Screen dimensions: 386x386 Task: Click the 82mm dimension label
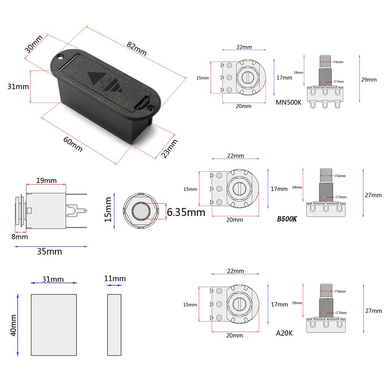pos(136,49)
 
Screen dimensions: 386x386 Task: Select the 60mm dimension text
pos(73,144)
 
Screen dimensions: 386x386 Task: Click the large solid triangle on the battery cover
pos(95,78)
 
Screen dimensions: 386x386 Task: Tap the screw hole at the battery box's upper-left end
pos(61,57)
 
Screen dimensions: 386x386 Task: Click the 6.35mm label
pos(186,212)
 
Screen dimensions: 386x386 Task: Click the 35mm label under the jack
pos(49,251)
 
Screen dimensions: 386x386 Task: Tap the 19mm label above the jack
pos(46,181)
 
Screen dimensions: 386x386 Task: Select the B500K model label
pos(287,219)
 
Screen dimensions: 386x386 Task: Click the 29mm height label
pos(369,80)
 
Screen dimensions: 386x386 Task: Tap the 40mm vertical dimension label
pos(13,325)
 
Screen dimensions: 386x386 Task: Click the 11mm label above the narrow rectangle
pos(115,279)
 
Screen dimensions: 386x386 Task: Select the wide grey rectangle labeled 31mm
pos(54,325)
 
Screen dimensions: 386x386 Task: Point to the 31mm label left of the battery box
pos(18,86)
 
